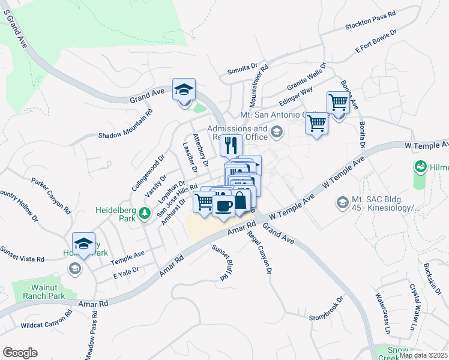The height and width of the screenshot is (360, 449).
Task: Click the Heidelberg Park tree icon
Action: [x=144, y=213]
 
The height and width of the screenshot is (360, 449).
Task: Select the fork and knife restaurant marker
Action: [x=231, y=145]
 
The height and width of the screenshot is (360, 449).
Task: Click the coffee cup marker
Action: [x=223, y=206]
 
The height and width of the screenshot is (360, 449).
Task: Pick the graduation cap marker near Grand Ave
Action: [x=184, y=89]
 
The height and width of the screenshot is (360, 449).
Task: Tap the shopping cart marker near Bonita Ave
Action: [x=339, y=103]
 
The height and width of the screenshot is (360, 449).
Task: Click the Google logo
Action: [x=20, y=353]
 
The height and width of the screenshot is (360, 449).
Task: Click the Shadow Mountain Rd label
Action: [x=126, y=124]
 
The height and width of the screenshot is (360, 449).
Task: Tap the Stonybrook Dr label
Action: [x=326, y=307]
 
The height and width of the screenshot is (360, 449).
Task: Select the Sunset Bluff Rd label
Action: [x=221, y=263]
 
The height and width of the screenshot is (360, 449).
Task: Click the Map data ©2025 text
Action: [x=424, y=355]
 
